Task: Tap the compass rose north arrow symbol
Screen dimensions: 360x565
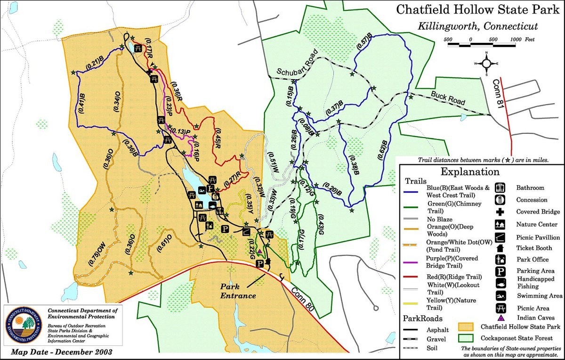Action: coord(487,63)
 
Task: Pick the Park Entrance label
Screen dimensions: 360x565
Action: coord(238,291)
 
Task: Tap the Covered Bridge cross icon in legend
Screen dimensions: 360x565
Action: coord(500,212)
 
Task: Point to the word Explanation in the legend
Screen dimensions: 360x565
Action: coord(470,172)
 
